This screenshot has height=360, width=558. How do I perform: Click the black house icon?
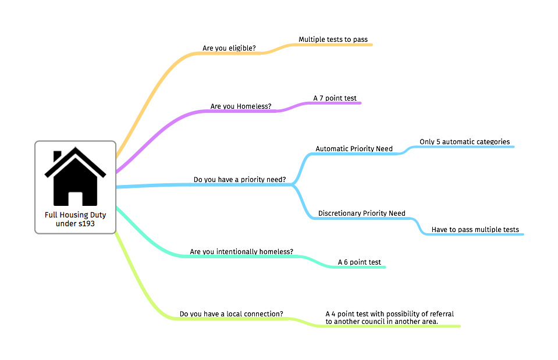click(x=76, y=177)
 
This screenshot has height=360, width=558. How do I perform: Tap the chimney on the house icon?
click(x=58, y=156)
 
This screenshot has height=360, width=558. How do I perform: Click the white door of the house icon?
click(x=76, y=198)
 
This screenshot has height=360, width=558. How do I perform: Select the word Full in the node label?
click(x=51, y=215)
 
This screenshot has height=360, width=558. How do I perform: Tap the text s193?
click(x=87, y=223)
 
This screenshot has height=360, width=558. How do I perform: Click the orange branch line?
click(x=227, y=54)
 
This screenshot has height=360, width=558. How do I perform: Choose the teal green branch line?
click(x=244, y=256)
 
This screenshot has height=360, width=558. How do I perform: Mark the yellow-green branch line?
click(x=233, y=319)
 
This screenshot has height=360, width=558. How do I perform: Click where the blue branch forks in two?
click(x=293, y=185)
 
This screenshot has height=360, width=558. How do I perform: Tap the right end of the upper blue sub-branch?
click(x=513, y=147)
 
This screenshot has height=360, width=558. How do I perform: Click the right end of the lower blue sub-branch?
click(x=523, y=234)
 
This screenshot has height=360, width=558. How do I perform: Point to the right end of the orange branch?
click(x=371, y=45)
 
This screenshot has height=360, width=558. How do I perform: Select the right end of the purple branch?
click(x=360, y=103)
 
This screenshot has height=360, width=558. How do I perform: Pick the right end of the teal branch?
click(x=384, y=267)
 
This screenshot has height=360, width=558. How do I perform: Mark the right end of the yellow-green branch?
click(x=459, y=326)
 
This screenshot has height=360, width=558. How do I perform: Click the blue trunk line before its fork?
click(x=204, y=185)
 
